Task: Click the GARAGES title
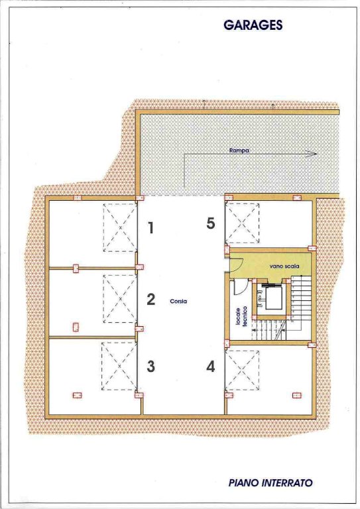click(253, 25)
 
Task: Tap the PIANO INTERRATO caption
click(270, 482)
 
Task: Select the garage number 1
click(150, 228)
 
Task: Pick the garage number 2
click(150, 300)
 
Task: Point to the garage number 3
click(150, 367)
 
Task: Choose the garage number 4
click(211, 367)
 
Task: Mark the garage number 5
click(211, 223)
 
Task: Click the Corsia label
click(178, 302)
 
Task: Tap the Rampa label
click(239, 150)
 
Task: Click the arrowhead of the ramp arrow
click(313, 154)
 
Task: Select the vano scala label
click(284, 266)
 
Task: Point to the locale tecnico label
click(241, 317)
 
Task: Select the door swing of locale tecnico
click(240, 287)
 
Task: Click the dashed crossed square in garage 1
click(120, 227)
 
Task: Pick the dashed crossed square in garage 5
click(243, 223)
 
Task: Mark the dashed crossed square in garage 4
click(243, 370)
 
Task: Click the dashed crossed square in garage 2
click(120, 299)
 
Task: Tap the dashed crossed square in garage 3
click(119, 366)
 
